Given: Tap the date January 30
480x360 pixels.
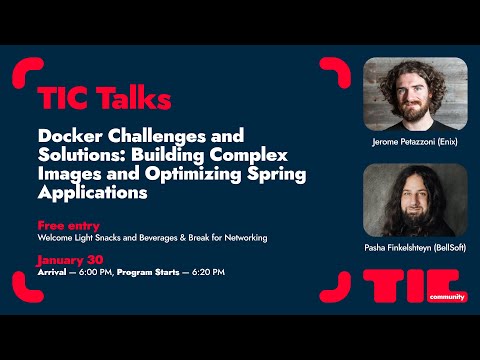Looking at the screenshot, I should [x=71, y=260].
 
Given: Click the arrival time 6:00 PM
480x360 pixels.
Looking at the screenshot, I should [x=97, y=272].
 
